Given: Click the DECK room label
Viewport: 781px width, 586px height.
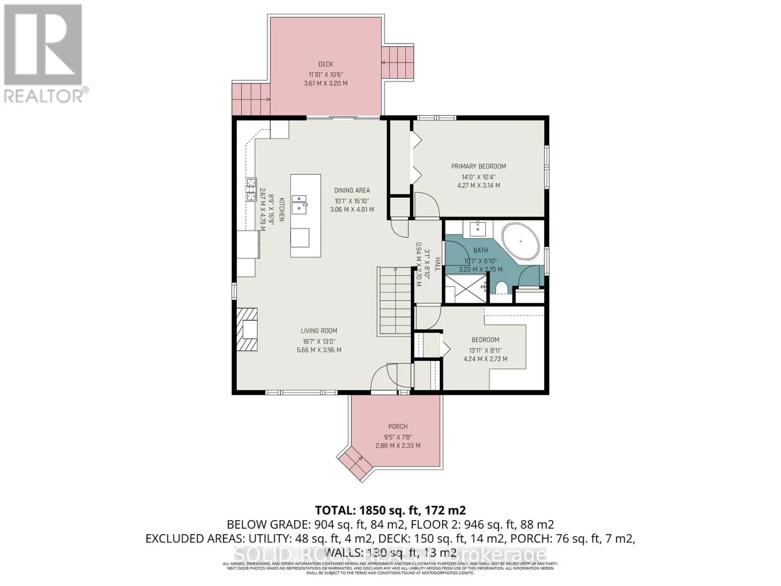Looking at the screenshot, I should [326, 64].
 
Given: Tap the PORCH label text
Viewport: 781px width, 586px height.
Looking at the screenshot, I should [398, 426].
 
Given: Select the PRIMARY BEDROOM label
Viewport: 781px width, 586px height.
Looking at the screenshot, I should [478, 166].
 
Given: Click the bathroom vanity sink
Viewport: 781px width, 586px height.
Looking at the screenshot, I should [477, 228].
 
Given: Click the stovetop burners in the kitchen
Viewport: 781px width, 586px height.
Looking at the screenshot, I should [251, 189].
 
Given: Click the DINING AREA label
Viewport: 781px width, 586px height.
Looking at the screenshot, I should [352, 190].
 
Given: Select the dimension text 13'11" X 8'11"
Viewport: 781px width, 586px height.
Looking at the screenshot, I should [485, 350].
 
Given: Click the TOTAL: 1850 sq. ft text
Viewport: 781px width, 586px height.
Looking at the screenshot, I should [390, 510].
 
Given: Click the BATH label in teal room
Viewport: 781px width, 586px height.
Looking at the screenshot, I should [480, 250].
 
